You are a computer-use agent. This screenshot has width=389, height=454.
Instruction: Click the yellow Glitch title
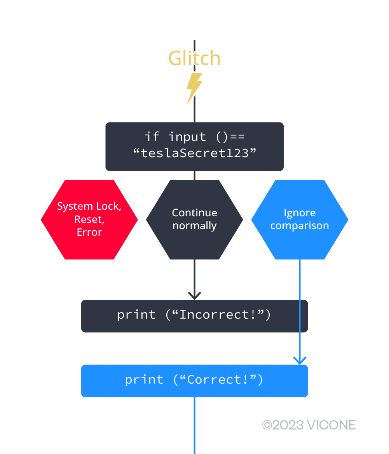194,58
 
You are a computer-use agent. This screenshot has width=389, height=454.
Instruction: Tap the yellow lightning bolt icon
194,88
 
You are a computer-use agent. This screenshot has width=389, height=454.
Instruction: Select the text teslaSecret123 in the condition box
195,153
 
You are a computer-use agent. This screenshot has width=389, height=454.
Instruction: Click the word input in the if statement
187,137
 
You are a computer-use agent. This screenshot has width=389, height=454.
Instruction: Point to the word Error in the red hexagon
89,232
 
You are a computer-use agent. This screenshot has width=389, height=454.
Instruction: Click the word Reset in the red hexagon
89,219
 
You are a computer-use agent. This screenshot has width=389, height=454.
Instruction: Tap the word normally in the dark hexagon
194,226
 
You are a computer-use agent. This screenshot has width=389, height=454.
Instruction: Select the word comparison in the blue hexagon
300,226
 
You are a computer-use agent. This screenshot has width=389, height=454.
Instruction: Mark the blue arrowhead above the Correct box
300,360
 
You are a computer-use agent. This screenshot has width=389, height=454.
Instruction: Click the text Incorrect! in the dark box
218,315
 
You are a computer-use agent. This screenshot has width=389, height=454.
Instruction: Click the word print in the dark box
136,315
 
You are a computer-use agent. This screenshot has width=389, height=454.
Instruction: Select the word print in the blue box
144,380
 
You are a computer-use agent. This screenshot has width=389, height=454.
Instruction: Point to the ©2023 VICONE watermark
309,425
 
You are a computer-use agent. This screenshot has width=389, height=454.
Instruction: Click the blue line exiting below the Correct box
194,426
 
